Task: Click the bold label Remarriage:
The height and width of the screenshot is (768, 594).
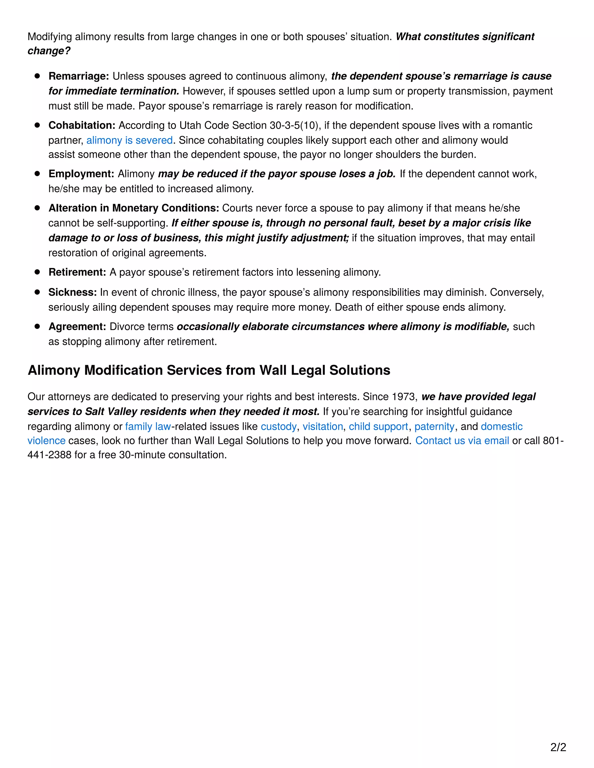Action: [79, 76]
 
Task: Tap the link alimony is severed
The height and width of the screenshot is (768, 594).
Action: [129, 140]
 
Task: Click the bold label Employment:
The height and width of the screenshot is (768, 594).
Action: [81, 174]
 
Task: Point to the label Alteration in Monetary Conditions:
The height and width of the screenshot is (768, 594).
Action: [134, 208]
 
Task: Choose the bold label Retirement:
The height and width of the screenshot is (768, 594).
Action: [77, 272]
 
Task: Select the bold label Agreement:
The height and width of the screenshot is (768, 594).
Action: [77, 327]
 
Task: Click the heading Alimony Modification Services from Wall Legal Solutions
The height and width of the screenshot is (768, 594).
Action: [209, 370]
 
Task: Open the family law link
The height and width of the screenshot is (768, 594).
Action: [148, 427]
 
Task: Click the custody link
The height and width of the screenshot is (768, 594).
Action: [278, 427]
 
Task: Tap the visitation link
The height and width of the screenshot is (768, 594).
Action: [323, 427]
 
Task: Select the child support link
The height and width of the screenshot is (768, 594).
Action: [378, 427]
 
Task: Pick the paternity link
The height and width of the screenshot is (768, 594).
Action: [434, 427]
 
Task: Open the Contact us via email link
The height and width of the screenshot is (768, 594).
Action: [462, 441]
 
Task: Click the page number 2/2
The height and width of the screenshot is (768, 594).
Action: [558, 747]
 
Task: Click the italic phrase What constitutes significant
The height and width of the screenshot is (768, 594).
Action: [465, 37]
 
